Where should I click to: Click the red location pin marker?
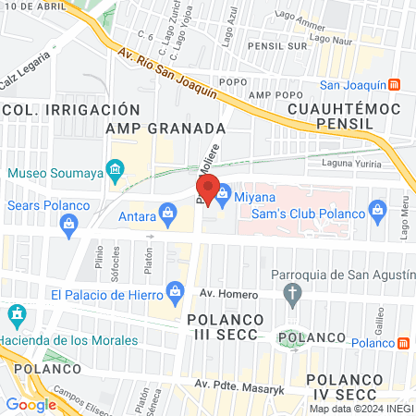pyautogui.click(x=208, y=189)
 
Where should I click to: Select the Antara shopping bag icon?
pyautogui.click(x=167, y=215)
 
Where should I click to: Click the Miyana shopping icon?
pyautogui.click(x=225, y=195)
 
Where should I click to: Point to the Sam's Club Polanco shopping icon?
pyautogui.click(x=377, y=212)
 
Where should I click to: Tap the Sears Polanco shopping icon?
pyautogui.click(x=67, y=223)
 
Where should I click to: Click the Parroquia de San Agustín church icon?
pyautogui.click(x=293, y=296)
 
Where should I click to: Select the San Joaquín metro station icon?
pyautogui.click(x=395, y=86)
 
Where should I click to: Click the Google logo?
pyautogui.click(x=31, y=404)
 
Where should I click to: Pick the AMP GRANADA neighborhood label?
pyautogui.click(x=166, y=128)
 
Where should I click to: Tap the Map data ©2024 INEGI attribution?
pyautogui.click(x=361, y=409)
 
